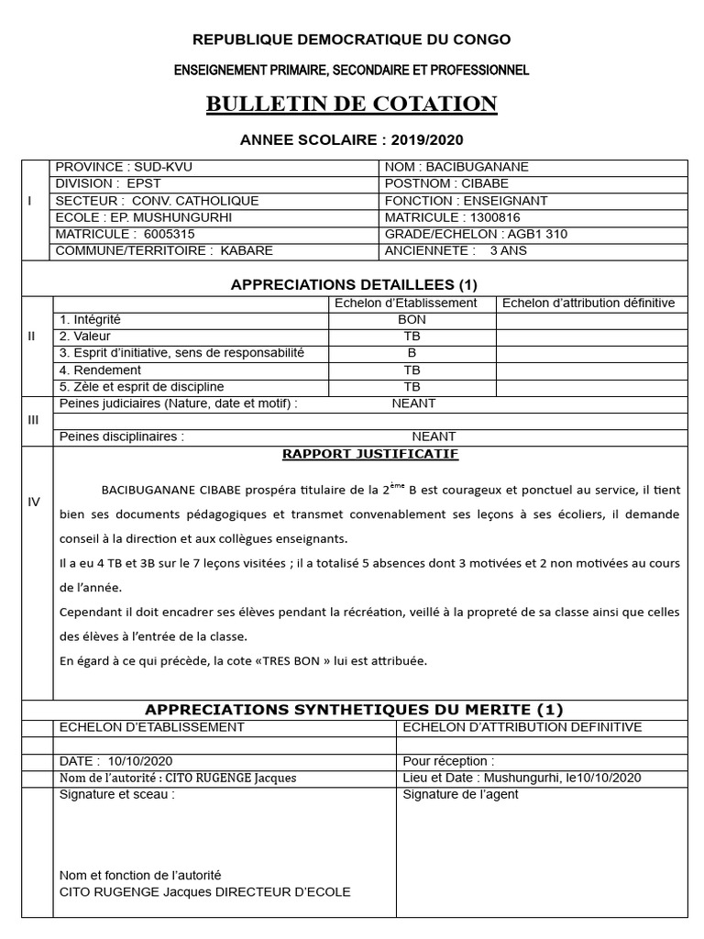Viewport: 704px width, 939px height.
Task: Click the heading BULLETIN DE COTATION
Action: pyautogui.click(x=351, y=104)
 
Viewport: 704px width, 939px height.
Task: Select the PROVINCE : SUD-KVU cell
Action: pyautogui.click(x=125, y=167)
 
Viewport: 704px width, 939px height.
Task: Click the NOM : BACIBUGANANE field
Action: pyautogui.click(x=457, y=167)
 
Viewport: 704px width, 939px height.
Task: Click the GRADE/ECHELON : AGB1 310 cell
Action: pyautogui.click(x=476, y=234)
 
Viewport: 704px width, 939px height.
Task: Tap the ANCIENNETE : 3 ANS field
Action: pyautogui.click(x=456, y=250)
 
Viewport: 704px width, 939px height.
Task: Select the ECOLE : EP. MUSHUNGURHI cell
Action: pyautogui.click(x=144, y=217)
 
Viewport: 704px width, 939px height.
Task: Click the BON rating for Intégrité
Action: pyautogui.click(x=412, y=320)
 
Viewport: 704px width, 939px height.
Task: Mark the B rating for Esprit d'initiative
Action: pyautogui.click(x=412, y=353)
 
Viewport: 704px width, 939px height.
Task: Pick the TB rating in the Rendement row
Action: pyautogui.click(x=412, y=370)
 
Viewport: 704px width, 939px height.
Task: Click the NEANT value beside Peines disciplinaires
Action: pyautogui.click(x=434, y=436)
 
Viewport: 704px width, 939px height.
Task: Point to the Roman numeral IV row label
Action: pyautogui.click(x=34, y=502)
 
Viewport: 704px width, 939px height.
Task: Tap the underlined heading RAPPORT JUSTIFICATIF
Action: pyautogui.click(x=370, y=454)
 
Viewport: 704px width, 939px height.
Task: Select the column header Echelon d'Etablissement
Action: pyautogui.click(x=405, y=304)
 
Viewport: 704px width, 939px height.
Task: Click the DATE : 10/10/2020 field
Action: pyautogui.click(x=115, y=761)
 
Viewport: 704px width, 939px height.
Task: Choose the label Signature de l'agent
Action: pyautogui.click(x=460, y=794)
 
